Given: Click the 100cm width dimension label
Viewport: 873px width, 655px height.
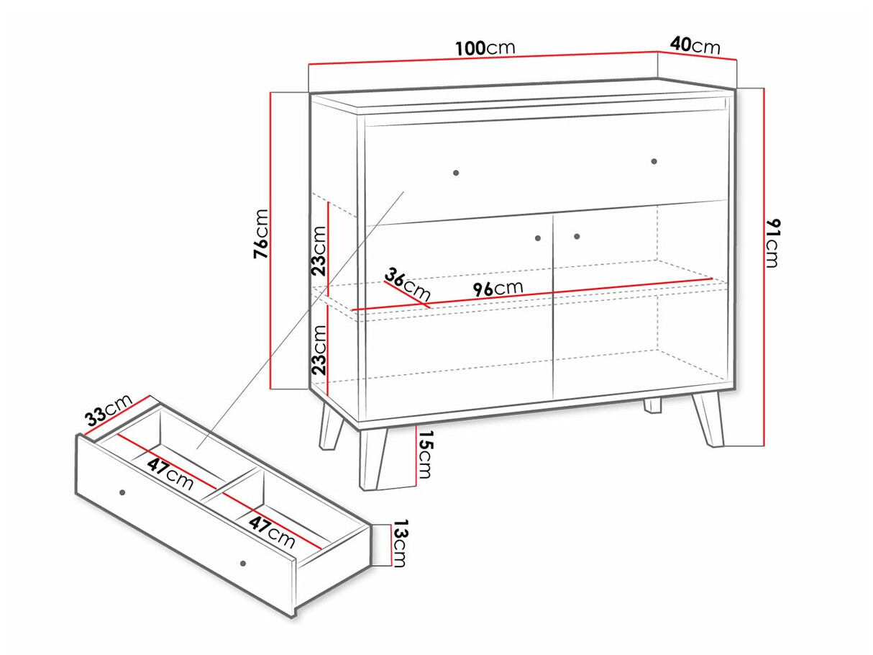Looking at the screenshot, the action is pos(485,48).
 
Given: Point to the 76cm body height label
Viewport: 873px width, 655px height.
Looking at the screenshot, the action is pos(261,234).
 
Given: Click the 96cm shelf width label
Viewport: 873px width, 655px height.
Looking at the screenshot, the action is pos(498,288).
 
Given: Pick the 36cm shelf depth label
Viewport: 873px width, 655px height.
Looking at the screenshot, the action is pos(408,284).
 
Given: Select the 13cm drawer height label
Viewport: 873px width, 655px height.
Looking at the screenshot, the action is pos(399,543).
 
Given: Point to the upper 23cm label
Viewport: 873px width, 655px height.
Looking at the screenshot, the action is pos(319,251).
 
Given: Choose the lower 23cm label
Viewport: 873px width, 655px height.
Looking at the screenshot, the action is pos(319,351).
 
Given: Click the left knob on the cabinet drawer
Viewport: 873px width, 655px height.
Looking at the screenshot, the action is pos(456,173).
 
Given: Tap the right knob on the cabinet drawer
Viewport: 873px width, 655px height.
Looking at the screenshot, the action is pos(654,161).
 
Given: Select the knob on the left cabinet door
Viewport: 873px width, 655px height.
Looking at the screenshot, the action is pos(538,238).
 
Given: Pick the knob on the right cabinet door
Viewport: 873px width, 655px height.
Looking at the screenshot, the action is pos(577,236).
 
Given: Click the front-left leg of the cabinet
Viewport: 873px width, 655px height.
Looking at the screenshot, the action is pos(373,458).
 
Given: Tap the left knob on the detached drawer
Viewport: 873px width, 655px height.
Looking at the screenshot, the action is pos(122,492).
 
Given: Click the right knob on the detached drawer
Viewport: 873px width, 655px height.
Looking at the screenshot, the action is pos(243,564).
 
